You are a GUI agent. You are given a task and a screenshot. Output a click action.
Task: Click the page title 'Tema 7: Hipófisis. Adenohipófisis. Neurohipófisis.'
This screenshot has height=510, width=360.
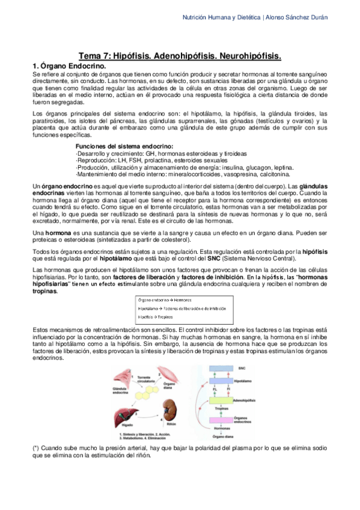tap(180, 56)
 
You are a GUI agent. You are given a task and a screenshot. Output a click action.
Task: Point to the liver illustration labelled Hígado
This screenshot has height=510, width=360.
tap(125, 415)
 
